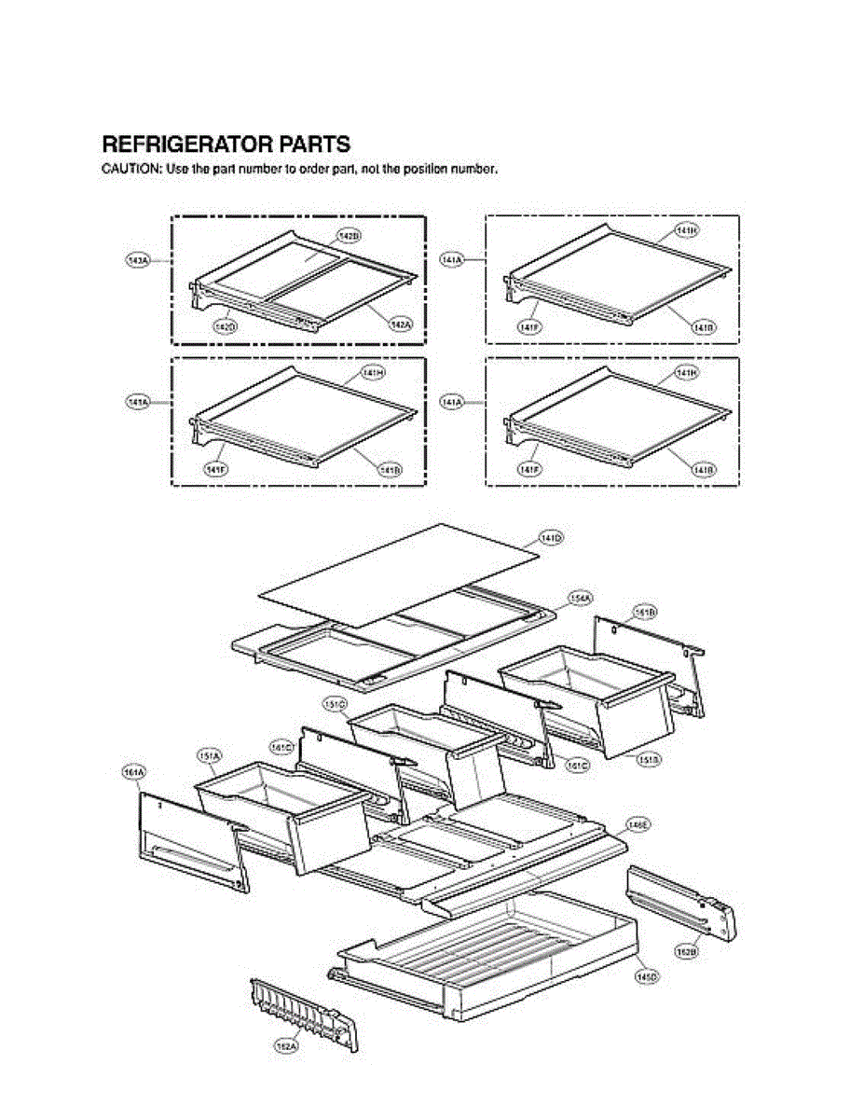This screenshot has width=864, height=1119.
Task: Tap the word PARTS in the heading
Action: tap(315, 145)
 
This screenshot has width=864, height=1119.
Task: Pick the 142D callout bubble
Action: tap(225, 326)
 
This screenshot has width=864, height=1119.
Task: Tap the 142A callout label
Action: tap(400, 324)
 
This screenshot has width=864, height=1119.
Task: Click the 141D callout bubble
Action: tap(552, 538)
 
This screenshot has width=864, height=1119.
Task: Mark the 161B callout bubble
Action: tap(645, 612)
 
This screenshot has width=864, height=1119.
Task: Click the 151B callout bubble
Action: tap(649, 760)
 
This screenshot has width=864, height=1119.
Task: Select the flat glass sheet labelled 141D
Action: tap(401, 573)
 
